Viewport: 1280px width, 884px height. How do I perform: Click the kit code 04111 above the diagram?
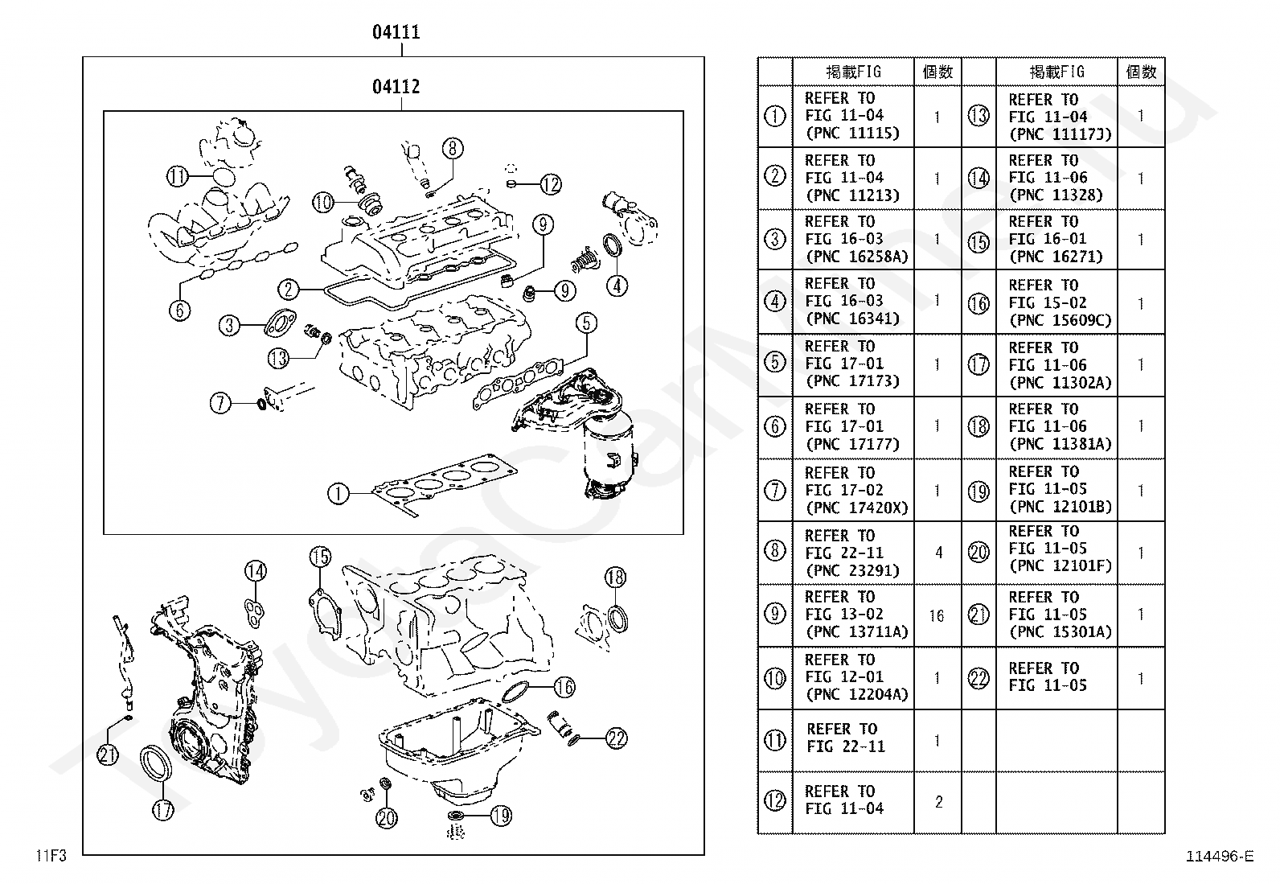pos(396,32)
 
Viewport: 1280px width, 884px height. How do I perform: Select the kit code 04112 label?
pos(396,86)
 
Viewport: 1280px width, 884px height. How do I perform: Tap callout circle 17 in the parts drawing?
pos(163,808)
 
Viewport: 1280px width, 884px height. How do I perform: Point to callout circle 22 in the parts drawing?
pos(616,738)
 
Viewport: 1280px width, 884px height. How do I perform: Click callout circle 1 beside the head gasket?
pos(338,493)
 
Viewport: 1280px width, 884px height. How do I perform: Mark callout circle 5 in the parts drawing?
pos(586,323)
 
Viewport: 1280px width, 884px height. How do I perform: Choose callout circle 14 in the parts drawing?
pos(255,572)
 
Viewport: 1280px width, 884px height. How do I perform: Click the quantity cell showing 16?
pos(937,615)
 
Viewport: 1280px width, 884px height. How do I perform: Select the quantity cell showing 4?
pos(937,553)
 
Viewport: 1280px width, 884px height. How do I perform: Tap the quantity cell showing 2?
pos(937,802)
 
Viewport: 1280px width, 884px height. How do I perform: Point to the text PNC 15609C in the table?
pos(1060,320)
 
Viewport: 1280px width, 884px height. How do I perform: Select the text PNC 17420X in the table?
pos(855,508)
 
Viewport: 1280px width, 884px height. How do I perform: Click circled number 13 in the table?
pos(978,116)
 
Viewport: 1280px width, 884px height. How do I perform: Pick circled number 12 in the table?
pos(774,801)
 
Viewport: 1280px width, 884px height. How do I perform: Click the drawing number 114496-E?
pos(1219,857)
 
